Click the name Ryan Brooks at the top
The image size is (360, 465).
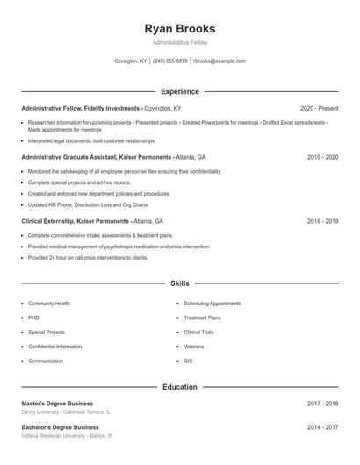click(x=179, y=29)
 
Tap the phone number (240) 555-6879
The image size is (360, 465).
click(x=170, y=61)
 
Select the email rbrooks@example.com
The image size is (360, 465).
click(x=219, y=61)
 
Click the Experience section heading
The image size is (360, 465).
click(x=179, y=91)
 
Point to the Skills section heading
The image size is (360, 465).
click(x=179, y=283)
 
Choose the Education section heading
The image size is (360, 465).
click(x=179, y=387)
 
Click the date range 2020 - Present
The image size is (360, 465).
click(x=319, y=108)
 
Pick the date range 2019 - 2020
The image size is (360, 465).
click(x=322, y=157)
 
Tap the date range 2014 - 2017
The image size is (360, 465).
click(x=322, y=427)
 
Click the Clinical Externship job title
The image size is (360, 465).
click(x=76, y=222)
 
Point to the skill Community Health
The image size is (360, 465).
click(x=49, y=304)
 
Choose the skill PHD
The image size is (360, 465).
click(x=33, y=318)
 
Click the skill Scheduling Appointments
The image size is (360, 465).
click(x=212, y=304)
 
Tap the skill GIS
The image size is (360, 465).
click(x=188, y=361)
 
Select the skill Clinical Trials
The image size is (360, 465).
click(x=199, y=333)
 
